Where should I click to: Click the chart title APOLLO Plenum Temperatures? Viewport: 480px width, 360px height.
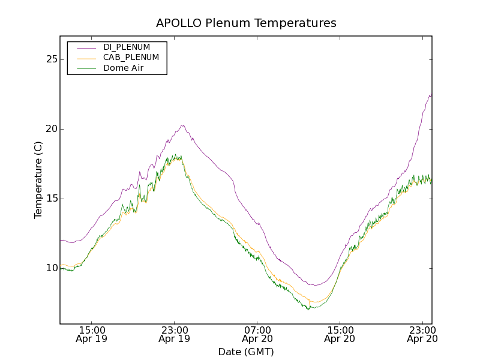coord(246,23)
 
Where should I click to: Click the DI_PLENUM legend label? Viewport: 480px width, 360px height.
coord(127,47)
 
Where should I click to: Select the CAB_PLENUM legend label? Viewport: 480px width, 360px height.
coord(131,58)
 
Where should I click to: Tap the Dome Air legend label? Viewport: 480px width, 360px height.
coord(123,68)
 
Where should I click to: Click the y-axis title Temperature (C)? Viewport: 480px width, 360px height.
coord(38,180)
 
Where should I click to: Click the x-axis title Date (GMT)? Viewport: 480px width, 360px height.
coord(246,352)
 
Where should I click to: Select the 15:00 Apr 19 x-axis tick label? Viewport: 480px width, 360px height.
coord(92,334)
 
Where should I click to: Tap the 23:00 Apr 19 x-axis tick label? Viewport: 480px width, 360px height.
coord(175,334)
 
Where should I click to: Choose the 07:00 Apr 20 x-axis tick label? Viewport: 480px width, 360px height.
coord(257,334)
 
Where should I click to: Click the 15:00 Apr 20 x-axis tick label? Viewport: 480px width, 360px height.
coord(340,334)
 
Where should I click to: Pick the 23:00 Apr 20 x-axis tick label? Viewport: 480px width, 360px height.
coord(422,334)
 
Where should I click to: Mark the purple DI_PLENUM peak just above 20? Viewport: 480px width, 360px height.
coord(182,125)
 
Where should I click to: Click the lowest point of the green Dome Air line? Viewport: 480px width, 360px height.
coord(308,310)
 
